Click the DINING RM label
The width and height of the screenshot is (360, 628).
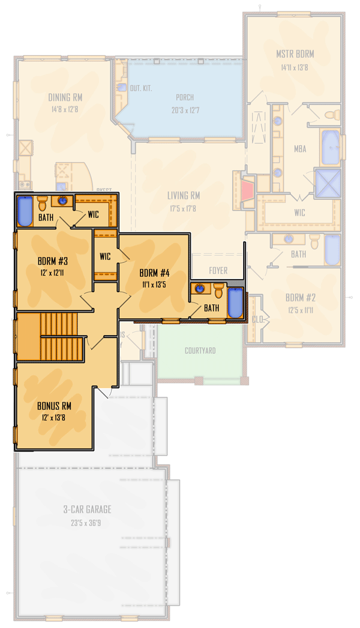(65, 97)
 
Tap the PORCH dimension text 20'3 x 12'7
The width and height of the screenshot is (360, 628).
(184, 110)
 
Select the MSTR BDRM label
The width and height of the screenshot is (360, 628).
(295, 54)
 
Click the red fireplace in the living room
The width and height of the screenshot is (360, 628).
(248, 191)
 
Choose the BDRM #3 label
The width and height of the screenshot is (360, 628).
(52, 261)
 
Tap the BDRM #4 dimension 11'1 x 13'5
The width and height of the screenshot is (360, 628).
(154, 285)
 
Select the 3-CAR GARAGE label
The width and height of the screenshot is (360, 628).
(87, 509)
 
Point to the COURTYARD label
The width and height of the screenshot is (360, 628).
(200, 351)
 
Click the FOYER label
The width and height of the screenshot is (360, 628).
(218, 271)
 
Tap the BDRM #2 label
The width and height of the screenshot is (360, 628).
(300, 298)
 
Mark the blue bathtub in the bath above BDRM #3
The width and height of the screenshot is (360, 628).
(25, 211)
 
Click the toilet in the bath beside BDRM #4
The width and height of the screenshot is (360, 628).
(218, 291)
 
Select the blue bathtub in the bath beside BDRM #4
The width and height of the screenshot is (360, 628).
(235, 303)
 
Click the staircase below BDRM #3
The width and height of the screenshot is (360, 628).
(59, 336)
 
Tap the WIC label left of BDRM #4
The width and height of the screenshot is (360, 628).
(105, 256)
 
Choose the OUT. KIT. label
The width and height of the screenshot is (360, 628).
(141, 88)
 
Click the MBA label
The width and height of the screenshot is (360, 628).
(300, 148)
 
